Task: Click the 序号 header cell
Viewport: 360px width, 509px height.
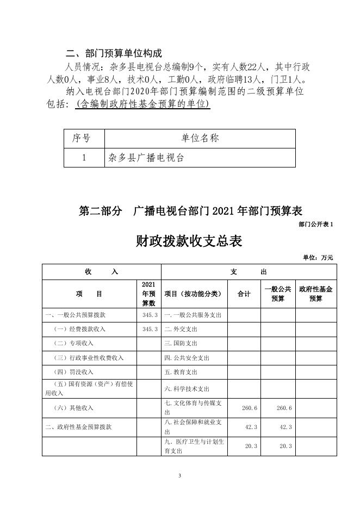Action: click(81, 139)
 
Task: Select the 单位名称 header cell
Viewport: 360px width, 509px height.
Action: click(200, 139)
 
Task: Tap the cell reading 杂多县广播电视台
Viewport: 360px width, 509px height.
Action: click(146, 158)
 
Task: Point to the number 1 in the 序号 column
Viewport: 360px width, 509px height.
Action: click(83, 158)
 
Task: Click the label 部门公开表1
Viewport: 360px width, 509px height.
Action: click(315, 224)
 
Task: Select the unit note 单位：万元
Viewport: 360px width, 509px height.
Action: click(318, 257)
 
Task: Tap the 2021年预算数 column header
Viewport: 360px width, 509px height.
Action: click(148, 294)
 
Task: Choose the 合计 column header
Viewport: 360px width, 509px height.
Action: click(244, 294)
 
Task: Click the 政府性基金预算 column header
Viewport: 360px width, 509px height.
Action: click(316, 294)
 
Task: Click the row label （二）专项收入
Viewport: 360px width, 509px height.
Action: click(74, 343)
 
